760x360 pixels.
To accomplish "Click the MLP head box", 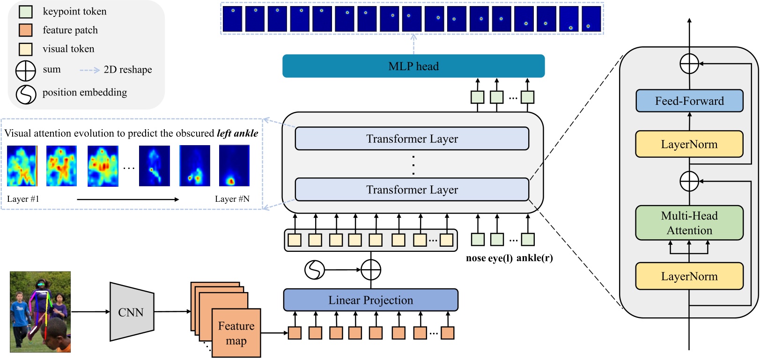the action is (413, 66).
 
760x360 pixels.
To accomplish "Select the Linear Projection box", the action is (370, 300).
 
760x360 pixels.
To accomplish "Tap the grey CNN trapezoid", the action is (132, 311).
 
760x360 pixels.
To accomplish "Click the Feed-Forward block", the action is (689, 101).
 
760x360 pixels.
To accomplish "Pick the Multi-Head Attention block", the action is (689, 223).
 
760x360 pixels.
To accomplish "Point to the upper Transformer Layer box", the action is (412, 139).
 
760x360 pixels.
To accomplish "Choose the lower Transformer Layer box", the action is (412, 189).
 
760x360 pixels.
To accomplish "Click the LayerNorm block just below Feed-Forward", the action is (689, 144).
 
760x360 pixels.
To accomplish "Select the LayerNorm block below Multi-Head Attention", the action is (689, 276).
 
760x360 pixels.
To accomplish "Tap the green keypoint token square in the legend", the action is (26, 12).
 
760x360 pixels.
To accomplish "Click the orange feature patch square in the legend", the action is (26, 30).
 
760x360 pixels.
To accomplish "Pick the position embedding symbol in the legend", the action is (26, 94).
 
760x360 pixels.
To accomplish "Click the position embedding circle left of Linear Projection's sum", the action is (315, 270).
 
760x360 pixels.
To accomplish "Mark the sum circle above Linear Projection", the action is (371, 270).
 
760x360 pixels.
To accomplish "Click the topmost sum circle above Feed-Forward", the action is (689, 64).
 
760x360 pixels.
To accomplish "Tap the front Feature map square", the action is (236, 333).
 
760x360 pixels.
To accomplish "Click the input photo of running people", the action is (40, 311).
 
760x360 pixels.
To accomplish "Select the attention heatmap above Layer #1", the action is (22, 166).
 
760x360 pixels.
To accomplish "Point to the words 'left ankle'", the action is (237, 133).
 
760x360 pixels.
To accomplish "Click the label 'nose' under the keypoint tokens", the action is (476, 258).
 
